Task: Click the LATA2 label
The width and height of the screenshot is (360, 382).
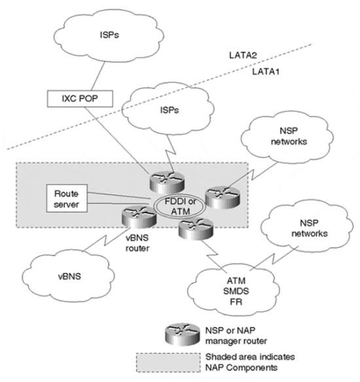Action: pos(243,55)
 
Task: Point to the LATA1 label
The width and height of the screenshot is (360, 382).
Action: pos(266,71)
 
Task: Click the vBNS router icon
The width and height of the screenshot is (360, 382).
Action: pos(139,217)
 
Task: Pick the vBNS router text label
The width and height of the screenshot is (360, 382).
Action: pos(137,243)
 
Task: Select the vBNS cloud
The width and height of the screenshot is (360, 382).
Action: pos(69,277)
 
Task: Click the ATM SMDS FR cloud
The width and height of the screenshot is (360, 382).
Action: pos(234,291)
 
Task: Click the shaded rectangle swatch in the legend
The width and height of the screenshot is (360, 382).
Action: pos(168,362)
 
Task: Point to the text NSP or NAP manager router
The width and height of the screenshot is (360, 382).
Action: pos(236,335)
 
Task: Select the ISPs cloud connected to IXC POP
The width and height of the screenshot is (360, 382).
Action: pos(109,35)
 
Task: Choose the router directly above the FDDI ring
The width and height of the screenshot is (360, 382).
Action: pos(167,182)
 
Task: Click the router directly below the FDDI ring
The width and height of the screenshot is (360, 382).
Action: pos(196,229)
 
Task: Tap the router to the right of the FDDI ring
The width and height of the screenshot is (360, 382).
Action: pos(223,197)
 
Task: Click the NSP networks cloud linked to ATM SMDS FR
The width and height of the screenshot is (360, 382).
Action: pos(307,228)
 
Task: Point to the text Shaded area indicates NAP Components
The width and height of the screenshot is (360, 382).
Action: pos(250,362)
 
